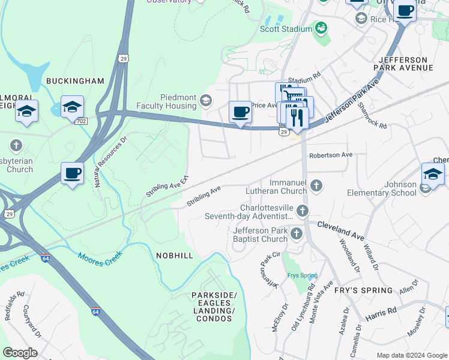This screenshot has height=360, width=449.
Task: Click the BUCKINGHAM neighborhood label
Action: pos(75,80)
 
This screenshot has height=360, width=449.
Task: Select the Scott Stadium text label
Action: pos(286,29)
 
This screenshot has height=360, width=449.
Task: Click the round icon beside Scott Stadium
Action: pos(321,28)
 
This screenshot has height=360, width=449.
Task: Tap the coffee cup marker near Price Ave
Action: pos(240,112)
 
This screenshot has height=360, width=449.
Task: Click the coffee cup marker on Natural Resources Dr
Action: pos(72,173)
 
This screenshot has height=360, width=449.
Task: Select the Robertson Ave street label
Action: pos(330,155)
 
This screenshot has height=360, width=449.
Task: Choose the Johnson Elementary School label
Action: pos(382,188)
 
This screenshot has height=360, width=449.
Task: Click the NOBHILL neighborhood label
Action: pos(175,256)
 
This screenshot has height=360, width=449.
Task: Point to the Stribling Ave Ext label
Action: pos(167,186)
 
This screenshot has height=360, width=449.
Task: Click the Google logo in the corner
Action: pos(20,353)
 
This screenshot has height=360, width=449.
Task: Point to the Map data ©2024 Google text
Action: pos(412,355)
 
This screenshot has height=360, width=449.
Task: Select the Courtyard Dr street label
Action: pos(29,320)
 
